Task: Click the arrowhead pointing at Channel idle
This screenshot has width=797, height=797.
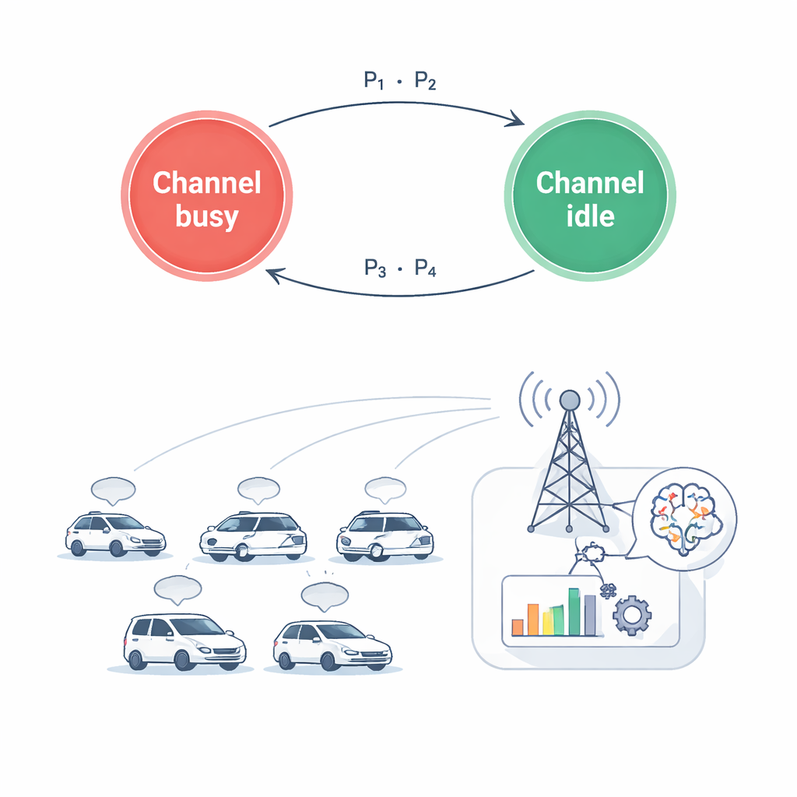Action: click(515, 121)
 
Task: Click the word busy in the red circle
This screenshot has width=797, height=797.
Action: click(206, 216)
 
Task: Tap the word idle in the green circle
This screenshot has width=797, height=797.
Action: click(590, 216)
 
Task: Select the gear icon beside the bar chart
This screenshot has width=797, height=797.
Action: click(630, 615)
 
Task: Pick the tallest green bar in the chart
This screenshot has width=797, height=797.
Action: click(574, 612)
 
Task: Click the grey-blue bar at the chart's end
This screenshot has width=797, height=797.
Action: click(590, 615)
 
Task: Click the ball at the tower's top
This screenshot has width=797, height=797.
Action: click(571, 400)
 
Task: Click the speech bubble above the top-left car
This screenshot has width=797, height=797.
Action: click(114, 490)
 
